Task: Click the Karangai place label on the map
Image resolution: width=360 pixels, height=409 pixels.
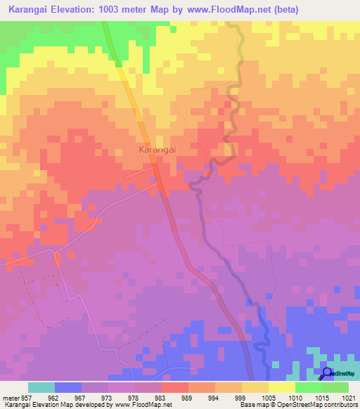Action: pyautogui.click(x=156, y=150)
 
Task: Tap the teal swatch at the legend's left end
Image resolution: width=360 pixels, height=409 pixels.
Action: pyautogui.click(x=41, y=387)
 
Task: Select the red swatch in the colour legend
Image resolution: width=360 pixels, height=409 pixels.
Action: pyautogui.click(x=174, y=387)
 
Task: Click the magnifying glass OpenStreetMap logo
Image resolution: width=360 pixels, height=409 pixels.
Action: pyautogui.click(x=326, y=373)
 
